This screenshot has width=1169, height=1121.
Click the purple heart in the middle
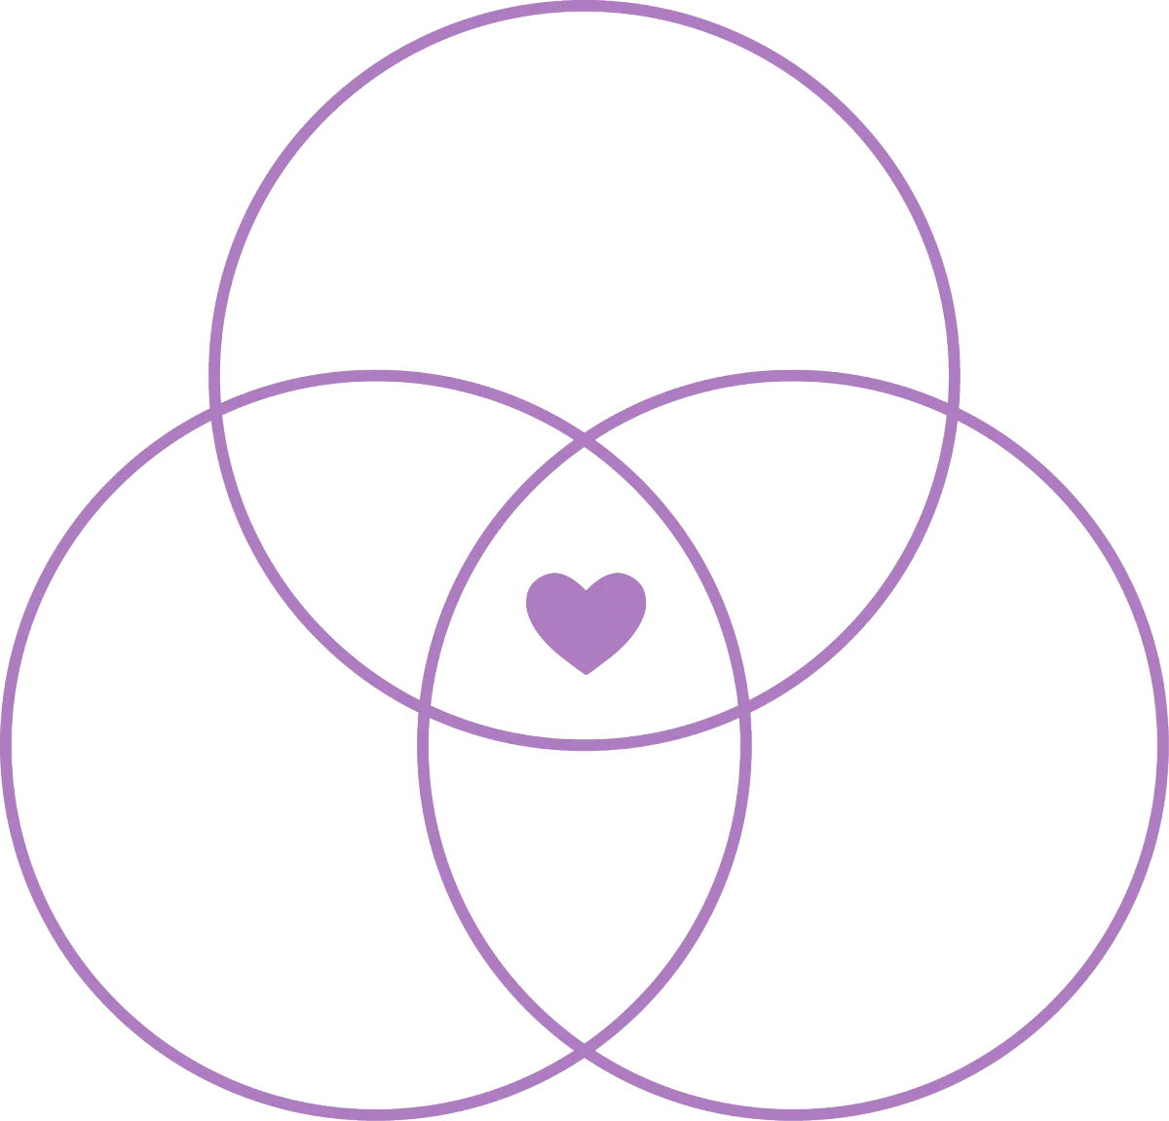pos(585,618)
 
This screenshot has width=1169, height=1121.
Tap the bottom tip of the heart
pos(585,673)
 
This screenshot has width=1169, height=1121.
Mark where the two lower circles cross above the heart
pos(584,444)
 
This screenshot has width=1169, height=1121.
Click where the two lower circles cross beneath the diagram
pos(584,1049)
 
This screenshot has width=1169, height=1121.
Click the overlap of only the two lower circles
pos(584,877)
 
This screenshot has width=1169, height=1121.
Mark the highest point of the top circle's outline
pos(584,6)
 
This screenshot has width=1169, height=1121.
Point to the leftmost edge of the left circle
pos(6,745)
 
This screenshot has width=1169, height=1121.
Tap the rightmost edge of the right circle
pos(1163,745)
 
